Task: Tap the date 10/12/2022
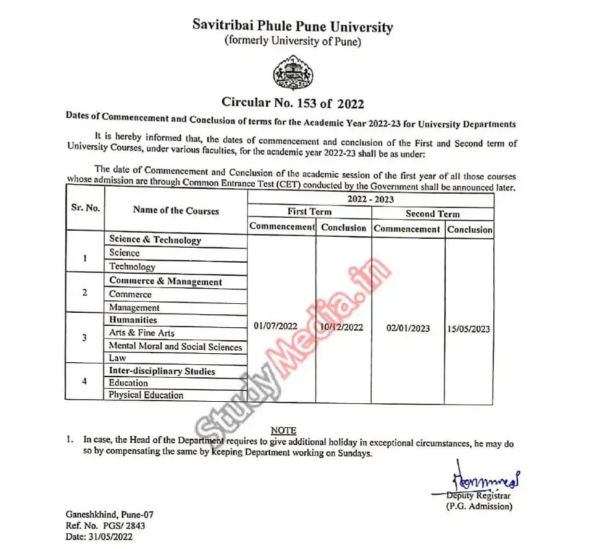click(342, 327)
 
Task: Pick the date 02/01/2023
click(408, 328)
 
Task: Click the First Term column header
click(310, 212)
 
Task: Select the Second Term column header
click(432, 214)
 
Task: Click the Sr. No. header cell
click(86, 207)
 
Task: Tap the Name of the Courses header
click(176, 210)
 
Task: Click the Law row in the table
click(117, 358)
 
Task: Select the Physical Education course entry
click(146, 395)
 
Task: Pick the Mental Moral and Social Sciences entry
click(175, 346)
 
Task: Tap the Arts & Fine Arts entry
click(142, 333)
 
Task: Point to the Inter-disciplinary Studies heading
click(162, 371)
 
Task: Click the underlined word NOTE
click(284, 430)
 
